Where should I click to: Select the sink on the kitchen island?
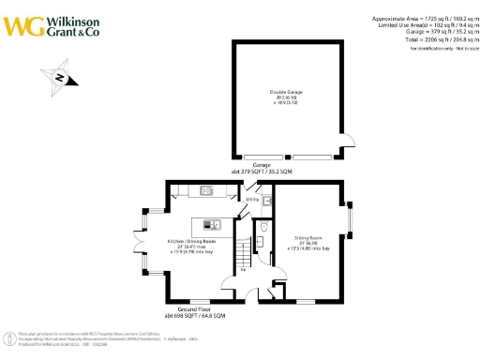click(x=213, y=223)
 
